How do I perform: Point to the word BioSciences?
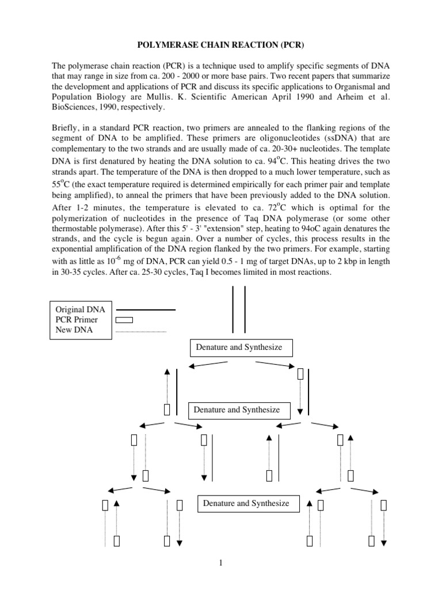[74, 107]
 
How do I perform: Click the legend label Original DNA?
[81, 309]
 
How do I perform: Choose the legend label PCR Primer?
[77, 320]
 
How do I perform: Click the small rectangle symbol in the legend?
[124, 320]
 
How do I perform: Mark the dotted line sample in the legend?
[141, 331]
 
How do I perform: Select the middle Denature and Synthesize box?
[237, 410]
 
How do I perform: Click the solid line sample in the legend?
[145, 310]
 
